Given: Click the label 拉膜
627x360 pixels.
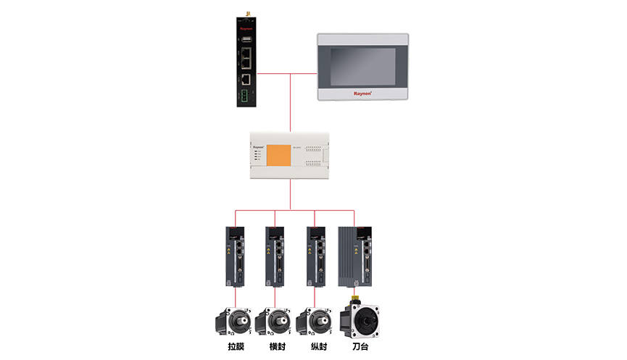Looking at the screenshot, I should tap(236, 347).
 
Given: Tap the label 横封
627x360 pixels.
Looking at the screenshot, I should tap(277, 347).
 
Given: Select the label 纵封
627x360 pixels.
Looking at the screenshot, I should tap(316, 347).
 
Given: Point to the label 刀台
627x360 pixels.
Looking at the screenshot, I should tap(360, 347).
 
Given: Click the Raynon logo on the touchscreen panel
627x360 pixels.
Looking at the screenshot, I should tap(362, 93).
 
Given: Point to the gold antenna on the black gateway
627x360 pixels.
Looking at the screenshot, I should tap(246, 12).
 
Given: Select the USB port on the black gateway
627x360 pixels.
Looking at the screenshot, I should tap(247, 38).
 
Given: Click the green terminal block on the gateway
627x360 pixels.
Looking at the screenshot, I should tap(247, 95).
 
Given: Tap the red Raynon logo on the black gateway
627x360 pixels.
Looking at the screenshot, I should tap(246, 30).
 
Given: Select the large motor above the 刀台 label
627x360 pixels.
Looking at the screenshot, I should tap(360, 319).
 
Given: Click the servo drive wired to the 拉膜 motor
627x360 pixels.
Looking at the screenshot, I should tap(236, 257).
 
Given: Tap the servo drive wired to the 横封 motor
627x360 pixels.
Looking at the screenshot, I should tap(275, 257).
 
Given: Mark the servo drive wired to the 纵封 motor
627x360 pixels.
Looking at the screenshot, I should tap(316, 257).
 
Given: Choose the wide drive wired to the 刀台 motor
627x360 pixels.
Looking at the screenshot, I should tap(357, 257).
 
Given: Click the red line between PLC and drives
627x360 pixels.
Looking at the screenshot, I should tap(290, 196).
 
